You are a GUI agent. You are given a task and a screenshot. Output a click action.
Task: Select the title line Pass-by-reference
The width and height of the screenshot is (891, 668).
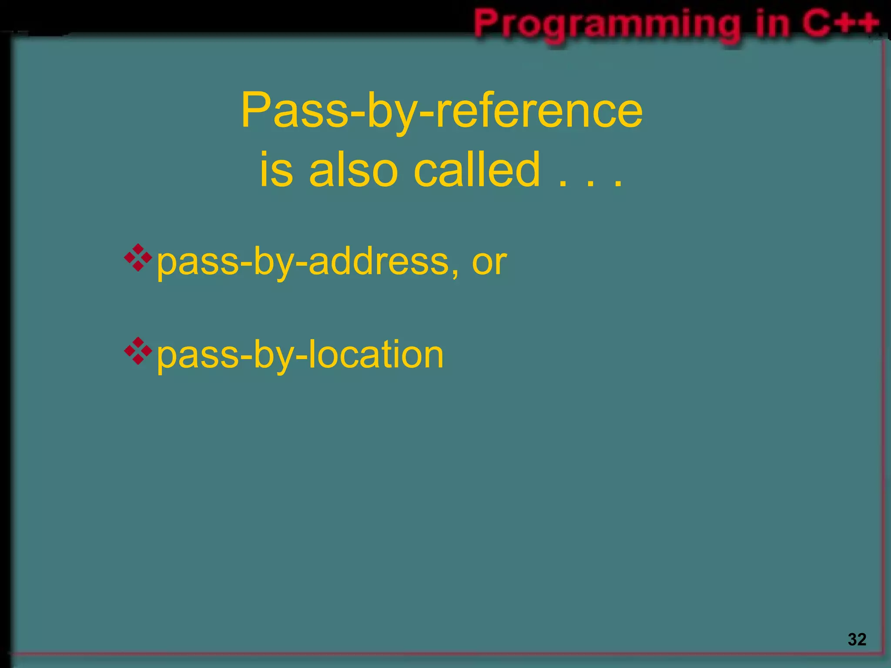pyautogui.click(x=442, y=111)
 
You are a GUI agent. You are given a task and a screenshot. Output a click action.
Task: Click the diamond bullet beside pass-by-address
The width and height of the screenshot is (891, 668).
pyautogui.click(x=138, y=258)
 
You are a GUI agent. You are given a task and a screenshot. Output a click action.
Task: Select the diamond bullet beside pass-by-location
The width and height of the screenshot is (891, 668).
pyautogui.click(x=138, y=351)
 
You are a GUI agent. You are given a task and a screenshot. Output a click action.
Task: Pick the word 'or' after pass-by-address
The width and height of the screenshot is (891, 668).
pyautogui.click(x=489, y=263)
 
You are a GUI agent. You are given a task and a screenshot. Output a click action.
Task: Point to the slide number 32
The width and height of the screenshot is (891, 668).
pyautogui.click(x=857, y=639)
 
